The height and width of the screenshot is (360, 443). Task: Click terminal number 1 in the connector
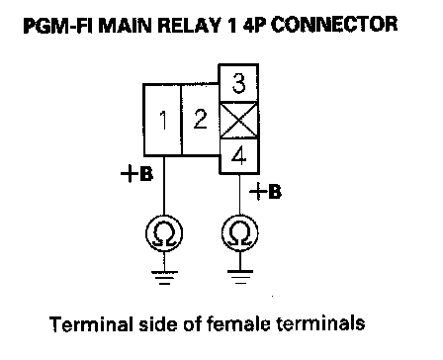pyautogui.click(x=163, y=120)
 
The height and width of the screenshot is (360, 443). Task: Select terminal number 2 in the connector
pyautogui.click(x=201, y=120)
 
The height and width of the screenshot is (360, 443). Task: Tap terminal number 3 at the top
pyautogui.click(x=238, y=83)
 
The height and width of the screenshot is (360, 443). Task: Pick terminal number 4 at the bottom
pyautogui.click(x=239, y=156)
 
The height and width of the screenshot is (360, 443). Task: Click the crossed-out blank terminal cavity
pyautogui.click(x=239, y=121)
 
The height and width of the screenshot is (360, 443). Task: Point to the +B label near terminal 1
pyautogui.click(x=136, y=174)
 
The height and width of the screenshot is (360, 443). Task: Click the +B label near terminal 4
pyautogui.click(x=266, y=192)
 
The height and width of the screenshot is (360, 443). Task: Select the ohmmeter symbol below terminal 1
pyautogui.click(x=164, y=233)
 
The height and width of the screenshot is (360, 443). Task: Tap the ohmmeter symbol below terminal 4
pyautogui.click(x=240, y=233)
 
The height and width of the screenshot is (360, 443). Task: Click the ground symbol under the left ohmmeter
pyautogui.click(x=164, y=277)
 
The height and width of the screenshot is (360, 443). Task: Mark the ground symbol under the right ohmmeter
pyautogui.click(x=240, y=277)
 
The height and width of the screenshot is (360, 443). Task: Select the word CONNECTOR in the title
pyautogui.click(x=334, y=25)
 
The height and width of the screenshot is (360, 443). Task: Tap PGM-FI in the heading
pyautogui.click(x=58, y=26)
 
